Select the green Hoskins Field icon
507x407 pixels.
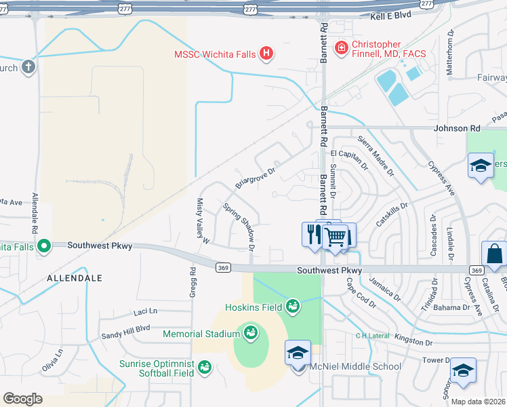[293, 307]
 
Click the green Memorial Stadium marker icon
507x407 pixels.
[250, 333]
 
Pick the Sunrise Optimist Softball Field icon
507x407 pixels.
[203, 367]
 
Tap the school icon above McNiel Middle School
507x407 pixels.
[298, 353]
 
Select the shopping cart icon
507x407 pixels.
[335, 237]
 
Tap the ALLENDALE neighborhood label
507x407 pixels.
[74, 278]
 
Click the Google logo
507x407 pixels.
[22, 399]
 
